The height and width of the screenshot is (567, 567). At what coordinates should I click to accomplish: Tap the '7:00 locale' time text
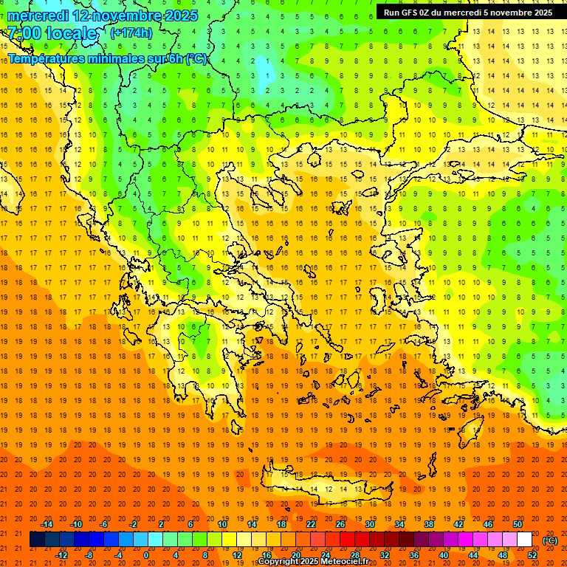click(x=52, y=34)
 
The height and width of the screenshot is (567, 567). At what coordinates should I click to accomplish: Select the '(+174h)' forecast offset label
click(x=131, y=32)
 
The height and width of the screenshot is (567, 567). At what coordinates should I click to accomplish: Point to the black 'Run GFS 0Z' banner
click(x=467, y=13)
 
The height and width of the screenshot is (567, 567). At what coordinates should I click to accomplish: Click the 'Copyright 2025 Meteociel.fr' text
click(x=313, y=562)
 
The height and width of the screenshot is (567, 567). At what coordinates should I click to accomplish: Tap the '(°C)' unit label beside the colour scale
click(x=550, y=540)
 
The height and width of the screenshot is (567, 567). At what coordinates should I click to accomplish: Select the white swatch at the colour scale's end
click(x=524, y=540)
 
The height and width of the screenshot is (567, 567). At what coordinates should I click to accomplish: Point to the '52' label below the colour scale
click(x=532, y=555)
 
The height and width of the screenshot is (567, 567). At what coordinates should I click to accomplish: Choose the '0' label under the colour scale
click(x=145, y=555)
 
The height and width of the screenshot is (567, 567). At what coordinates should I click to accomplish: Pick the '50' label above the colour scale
click(x=518, y=524)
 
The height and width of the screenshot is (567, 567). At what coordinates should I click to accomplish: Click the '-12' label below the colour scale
click(x=61, y=555)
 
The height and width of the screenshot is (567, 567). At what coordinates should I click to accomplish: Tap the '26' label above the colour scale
click(x=340, y=524)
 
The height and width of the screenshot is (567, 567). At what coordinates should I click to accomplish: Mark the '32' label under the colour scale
click(x=385, y=555)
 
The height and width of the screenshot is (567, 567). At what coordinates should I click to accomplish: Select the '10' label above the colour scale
click(x=222, y=524)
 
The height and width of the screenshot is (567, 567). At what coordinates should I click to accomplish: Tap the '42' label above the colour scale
click(x=458, y=524)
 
